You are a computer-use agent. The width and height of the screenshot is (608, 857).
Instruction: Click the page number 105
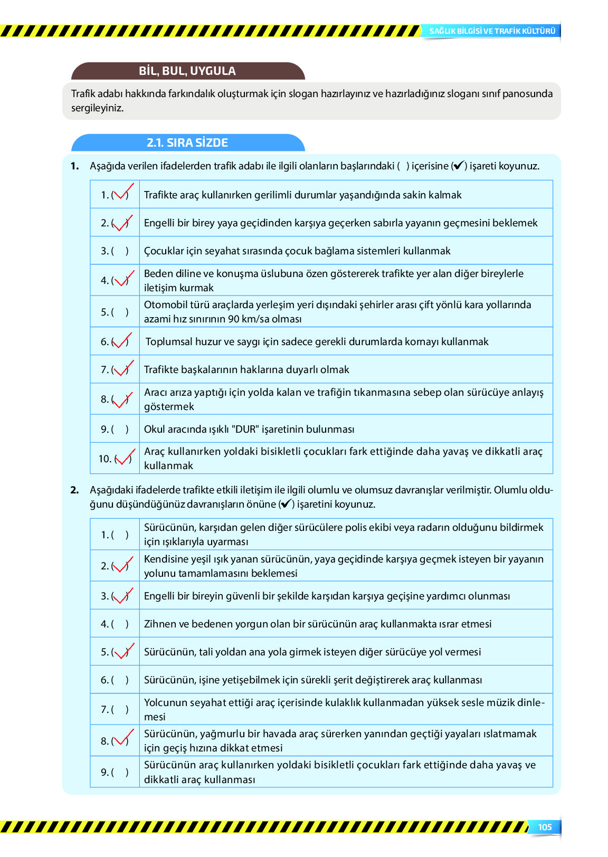point(545,827)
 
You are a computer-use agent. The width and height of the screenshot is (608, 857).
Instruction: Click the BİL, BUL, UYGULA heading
point(187,71)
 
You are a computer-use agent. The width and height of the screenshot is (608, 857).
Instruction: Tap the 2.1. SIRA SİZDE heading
point(187,142)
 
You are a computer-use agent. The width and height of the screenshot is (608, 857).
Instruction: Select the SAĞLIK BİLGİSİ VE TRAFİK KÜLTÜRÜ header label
point(492,31)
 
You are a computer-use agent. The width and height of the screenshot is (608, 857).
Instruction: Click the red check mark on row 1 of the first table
point(122,193)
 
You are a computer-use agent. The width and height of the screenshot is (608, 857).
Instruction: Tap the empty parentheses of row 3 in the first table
point(120,251)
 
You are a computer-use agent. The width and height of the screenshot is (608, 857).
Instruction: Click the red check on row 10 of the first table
point(125,457)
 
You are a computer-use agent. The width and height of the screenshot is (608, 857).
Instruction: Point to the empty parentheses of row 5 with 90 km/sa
point(120,312)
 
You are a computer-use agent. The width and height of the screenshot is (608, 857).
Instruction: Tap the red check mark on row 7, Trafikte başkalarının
point(122,368)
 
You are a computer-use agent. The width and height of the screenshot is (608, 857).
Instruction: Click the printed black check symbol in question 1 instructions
point(459,166)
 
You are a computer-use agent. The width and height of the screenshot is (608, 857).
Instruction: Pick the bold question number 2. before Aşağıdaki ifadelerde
point(74,490)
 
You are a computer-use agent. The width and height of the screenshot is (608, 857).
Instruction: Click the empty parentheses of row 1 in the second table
point(120,535)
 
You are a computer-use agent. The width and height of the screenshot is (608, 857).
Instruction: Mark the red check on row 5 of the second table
point(122,651)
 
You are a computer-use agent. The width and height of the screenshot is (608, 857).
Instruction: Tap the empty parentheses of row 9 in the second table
point(120,773)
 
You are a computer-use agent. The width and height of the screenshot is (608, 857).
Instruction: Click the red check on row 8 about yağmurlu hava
point(122,739)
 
